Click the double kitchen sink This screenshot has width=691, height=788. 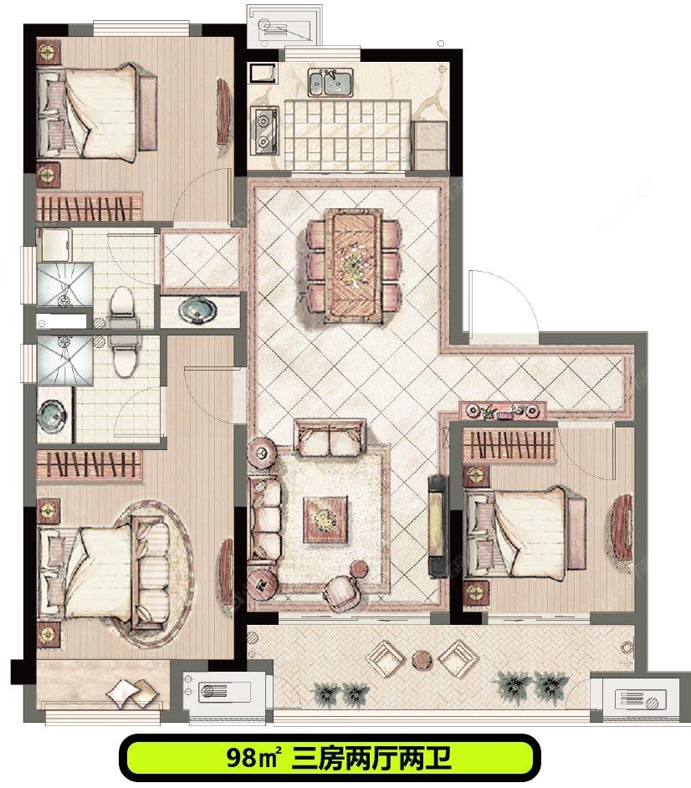(x=330, y=83)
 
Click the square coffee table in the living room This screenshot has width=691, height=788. (x=325, y=519)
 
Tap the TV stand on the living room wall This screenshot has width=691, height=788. (x=438, y=525)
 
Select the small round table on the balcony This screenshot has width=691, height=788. (x=422, y=660)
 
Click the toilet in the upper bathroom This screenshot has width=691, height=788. (x=122, y=306)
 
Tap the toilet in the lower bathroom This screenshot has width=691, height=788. (x=124, y=355)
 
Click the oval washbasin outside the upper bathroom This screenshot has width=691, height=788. (x=198, y=310)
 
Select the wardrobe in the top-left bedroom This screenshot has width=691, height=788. (x=89, y=207)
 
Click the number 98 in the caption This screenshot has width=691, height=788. (x=243, y=757)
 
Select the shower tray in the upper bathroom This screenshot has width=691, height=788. (x=64, y=284)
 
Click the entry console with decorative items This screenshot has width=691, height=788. (x=503, y=411)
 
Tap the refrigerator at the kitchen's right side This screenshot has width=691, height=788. (x=429, y=146)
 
